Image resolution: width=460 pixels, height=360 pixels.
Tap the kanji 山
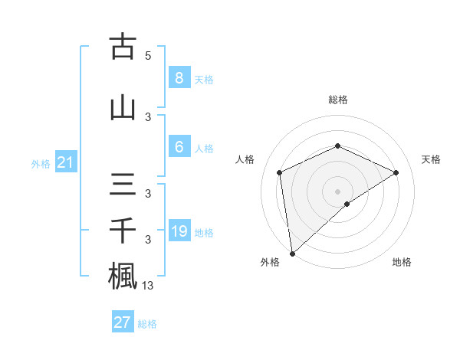tap(123, 107)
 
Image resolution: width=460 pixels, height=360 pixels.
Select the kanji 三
tap(123, 186)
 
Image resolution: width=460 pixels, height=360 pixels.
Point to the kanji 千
tap(123, 231)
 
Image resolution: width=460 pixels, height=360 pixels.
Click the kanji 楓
tap(123, 275)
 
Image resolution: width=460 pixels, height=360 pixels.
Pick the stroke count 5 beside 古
tap(148, 55)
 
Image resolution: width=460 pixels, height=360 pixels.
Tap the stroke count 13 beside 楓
tap(149, 285)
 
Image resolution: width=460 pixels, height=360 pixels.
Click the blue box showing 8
tap(179, 77)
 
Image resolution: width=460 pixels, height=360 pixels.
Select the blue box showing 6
tap(179, 147)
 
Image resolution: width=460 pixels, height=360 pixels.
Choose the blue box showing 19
tap(179, 231)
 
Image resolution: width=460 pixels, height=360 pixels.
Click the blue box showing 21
tap(66, 162)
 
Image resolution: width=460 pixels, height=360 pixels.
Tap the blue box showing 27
tap(122, 322)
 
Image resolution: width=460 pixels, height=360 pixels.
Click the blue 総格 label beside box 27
tap(147, 324)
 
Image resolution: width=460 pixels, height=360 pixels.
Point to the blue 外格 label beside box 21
tap(41, 164)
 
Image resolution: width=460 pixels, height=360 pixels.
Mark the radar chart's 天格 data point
tap(396, 172)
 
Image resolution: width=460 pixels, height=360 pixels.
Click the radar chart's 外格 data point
tap(291, 253)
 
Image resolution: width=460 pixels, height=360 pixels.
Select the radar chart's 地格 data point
tap(347, 204)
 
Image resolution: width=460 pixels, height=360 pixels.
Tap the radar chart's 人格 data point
tap(280, 172)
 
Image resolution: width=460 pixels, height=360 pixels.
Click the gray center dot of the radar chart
tap(337, 190)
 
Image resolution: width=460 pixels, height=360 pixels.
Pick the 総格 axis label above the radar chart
tap(337, 100)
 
